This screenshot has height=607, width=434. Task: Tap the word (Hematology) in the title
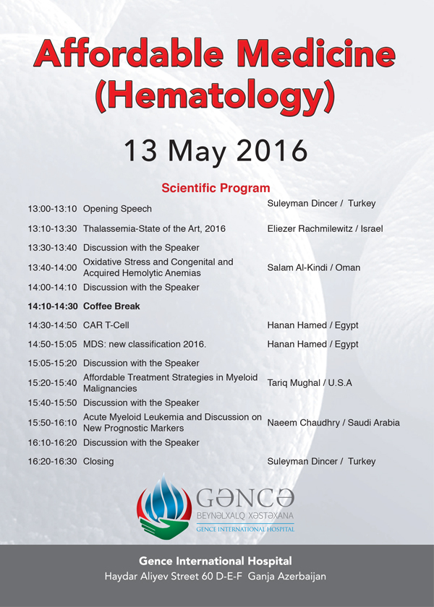[217, 96]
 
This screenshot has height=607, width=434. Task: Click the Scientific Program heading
[216, 189]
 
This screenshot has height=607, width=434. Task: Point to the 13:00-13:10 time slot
[53, 209]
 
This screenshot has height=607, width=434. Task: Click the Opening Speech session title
[117, 209]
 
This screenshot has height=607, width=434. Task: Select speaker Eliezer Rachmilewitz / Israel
[325, 228]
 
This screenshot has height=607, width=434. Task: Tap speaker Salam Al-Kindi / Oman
[313, 267]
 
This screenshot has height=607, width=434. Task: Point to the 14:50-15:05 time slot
[53, 344]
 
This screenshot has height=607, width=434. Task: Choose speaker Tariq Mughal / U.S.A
[310, 383]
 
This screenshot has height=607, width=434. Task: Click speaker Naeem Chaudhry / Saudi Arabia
[333, 423]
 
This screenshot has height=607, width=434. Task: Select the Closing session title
[98, 461]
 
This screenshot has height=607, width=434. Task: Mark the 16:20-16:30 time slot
[53, 461]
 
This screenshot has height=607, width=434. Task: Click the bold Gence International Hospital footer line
[217, 561]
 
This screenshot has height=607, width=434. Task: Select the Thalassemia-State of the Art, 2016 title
[154, 228]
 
